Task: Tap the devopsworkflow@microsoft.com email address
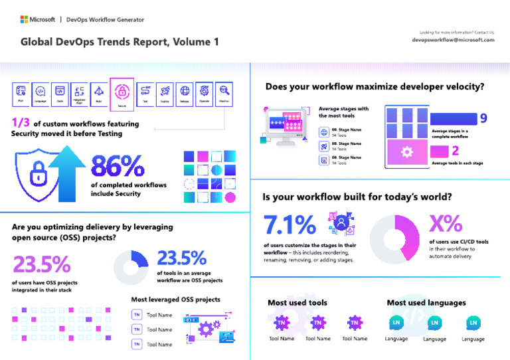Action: pos(453,40)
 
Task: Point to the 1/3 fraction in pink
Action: pos(21,123)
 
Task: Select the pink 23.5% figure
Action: pos(41,264)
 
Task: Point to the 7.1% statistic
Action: pos(290,225)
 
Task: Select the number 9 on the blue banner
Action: pos(483,118)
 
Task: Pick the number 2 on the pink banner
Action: pos(456,151)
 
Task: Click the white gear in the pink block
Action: pos(407,152)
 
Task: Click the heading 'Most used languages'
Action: pos(426,302)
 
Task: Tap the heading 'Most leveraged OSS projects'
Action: pos(175,299)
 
